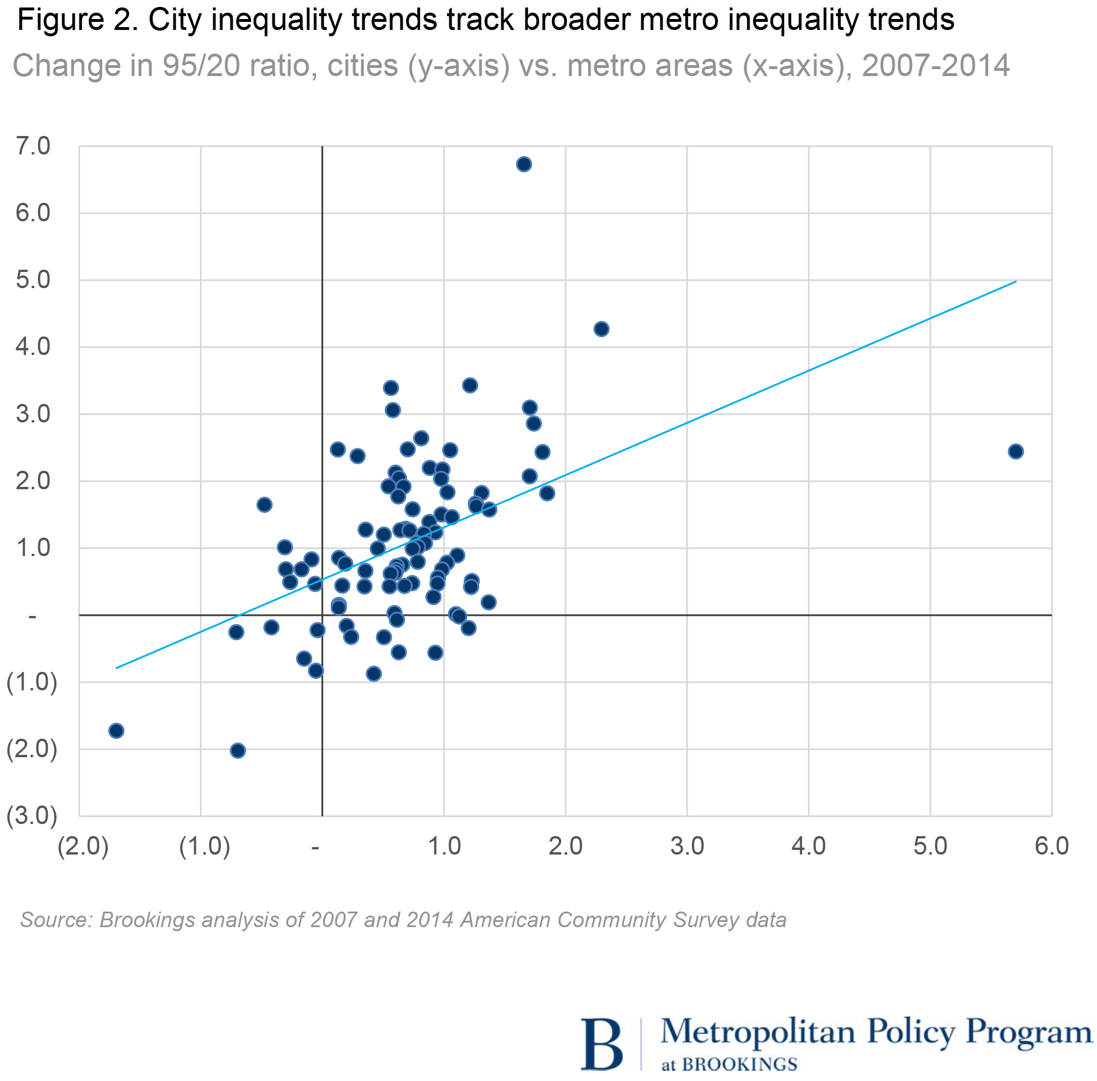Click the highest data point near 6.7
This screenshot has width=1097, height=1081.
click(x=524, y=164)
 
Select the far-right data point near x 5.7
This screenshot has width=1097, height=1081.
click(x=1016, y=451)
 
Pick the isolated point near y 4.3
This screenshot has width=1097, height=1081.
click(x=602, y=329)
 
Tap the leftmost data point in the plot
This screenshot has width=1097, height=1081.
click(x=116, y=731)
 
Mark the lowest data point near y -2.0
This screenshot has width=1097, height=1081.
click(x=238, y=750)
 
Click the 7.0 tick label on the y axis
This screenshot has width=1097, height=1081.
click(x=33, y=146)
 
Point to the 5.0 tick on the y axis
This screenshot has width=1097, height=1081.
click(x=33, y=280)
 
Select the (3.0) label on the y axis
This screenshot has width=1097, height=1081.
click(x=32, y=816)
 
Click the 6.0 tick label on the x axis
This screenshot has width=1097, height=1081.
click(x=1051, y=846)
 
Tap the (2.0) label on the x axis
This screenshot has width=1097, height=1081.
click(x=84, y=846)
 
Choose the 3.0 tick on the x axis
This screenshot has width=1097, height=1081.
click(x=687, y=846)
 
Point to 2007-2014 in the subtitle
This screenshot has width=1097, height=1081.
click(x=936, y=66)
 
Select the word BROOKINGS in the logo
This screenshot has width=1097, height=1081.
click(x=740, y=1064)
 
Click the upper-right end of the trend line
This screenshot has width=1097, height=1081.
click(x=1016, y=281)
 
